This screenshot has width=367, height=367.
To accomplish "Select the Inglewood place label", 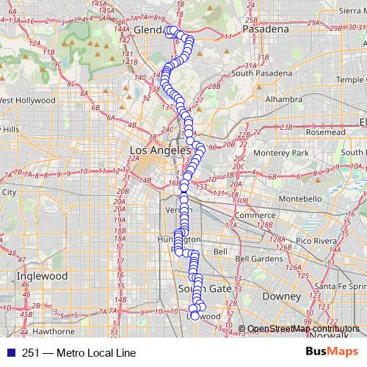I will pyautogui.click(x=41, y=277).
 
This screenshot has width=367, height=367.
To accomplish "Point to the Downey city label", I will pyautogui.click(x=282, y=297).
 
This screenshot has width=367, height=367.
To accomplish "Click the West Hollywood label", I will pyautogui.click(x=28, y=100).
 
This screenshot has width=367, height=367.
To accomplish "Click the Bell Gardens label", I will pyautogui.click(x=259, y=258).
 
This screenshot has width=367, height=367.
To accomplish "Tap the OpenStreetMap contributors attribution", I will pyautogui.click(x=300, y=328).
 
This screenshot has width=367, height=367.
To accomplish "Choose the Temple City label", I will pyautogui.click(x=348, y=79).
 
